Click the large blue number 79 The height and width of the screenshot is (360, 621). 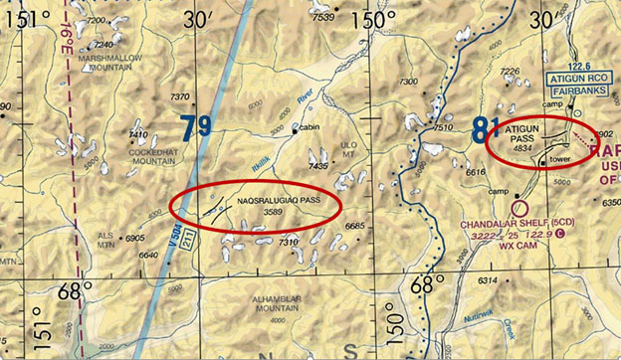click(x=197, y=127)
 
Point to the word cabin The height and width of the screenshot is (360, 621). click(x=310, y=127)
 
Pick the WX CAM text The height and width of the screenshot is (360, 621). click(x=517, y=246)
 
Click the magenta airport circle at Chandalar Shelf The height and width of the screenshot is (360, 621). click(x=517, y=208)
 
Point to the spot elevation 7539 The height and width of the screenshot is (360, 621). click(x=323, y=17)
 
